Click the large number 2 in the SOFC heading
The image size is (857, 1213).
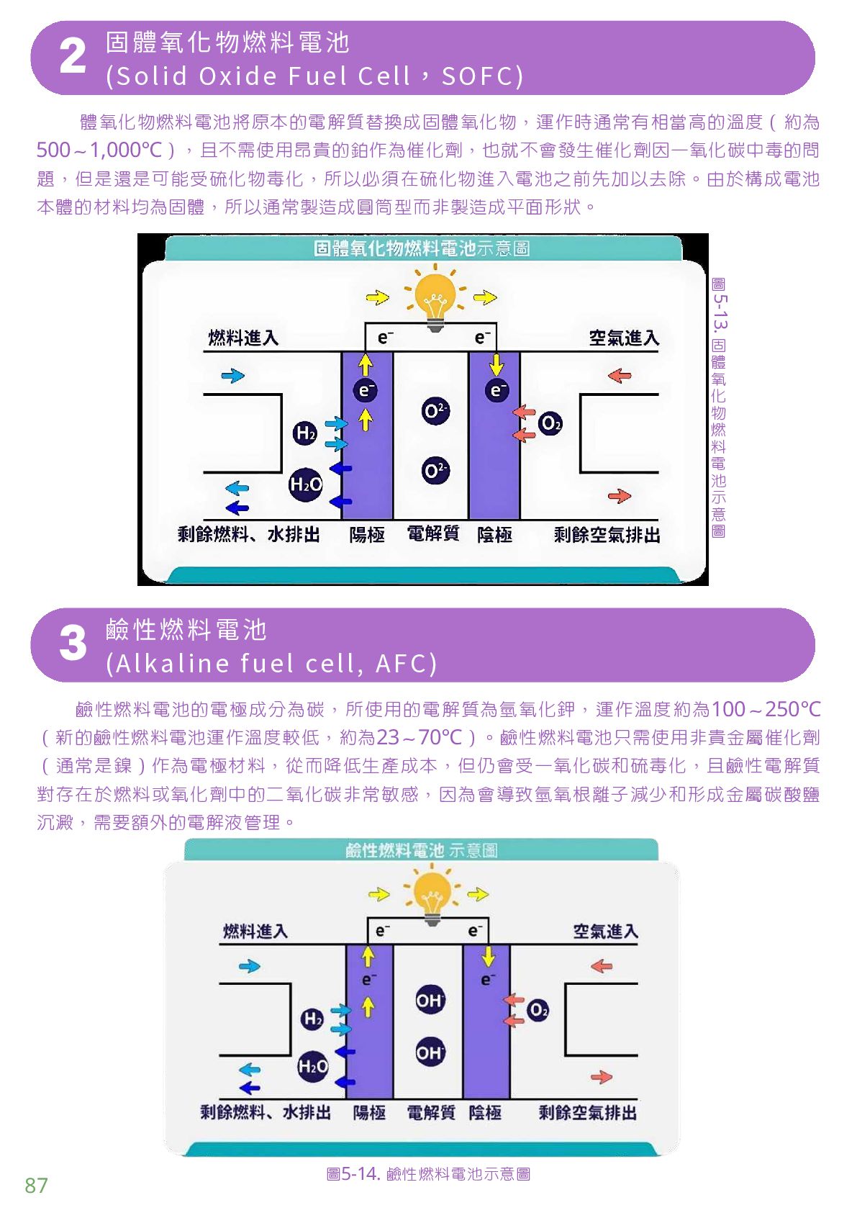click(73, 57)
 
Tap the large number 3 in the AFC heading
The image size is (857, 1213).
click(73, 644)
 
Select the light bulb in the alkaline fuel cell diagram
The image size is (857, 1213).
click(432, 894)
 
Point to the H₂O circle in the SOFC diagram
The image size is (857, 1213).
click(306, 484)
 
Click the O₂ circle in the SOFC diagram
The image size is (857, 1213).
click(550, 423)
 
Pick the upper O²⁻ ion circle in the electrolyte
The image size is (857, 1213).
click(435, 411)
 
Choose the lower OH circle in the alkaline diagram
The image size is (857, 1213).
click(430, 1053)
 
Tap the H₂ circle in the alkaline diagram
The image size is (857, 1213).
click(312, 1018)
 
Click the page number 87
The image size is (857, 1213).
click(36, 1186)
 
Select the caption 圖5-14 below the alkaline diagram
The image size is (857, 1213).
click(428, 1174)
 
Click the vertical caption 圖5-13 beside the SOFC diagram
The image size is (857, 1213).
click(718, 407)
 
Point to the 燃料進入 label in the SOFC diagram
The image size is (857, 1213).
click(243, 338)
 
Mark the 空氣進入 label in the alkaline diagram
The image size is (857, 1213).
click(605, 932)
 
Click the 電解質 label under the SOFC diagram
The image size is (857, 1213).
click(433, 533)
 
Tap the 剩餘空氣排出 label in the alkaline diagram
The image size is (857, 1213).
click(587, 1113)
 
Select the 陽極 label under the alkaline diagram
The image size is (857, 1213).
click(369, 1113)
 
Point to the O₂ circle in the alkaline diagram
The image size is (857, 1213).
click(538, 1010)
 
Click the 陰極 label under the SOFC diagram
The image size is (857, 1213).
click(495, 534)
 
